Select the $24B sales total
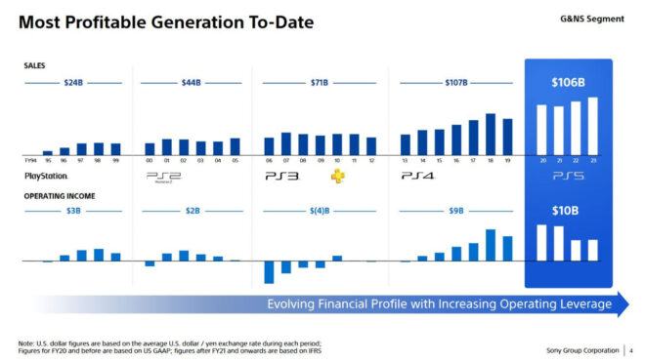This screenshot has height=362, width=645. point(73,83)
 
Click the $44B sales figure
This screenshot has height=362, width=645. point(191,83)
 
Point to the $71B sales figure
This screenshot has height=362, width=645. point(318,83)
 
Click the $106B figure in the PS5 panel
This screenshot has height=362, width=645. point(568,83)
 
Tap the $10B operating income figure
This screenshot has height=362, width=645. point(568,209)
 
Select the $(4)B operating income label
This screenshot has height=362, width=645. point(319,209)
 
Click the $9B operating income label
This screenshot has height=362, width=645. point(456,209)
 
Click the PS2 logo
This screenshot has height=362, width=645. point(163,177)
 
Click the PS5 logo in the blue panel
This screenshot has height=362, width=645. point(568,177)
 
